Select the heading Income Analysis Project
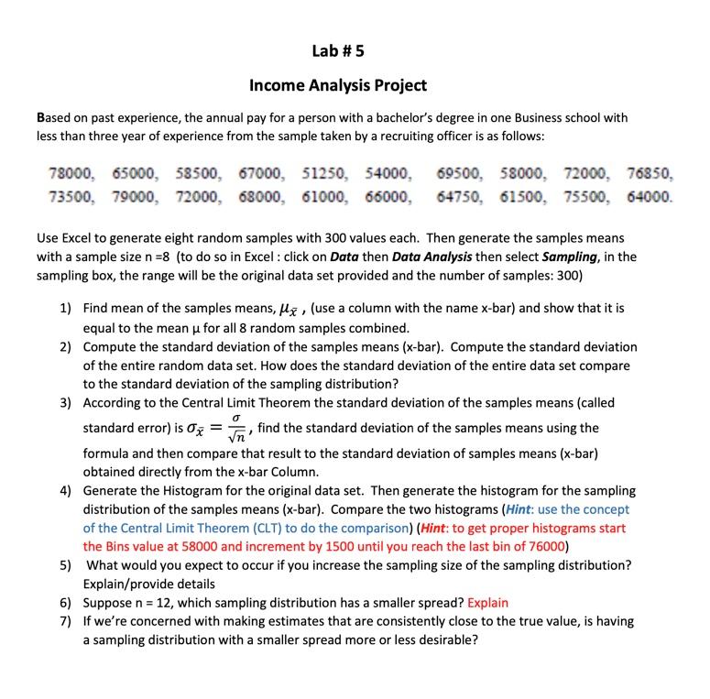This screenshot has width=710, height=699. [x=338, y=85]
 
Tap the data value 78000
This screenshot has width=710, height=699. [x=70, y=172]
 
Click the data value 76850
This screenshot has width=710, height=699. [x=650, y=172]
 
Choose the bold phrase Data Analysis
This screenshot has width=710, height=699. [x=432, y=257]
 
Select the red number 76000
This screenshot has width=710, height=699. [x=547, y=547]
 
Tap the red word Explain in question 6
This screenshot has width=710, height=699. [x=487, y=603]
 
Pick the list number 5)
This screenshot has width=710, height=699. [x=66, y=565]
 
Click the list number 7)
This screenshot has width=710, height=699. [x=66, y=621]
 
